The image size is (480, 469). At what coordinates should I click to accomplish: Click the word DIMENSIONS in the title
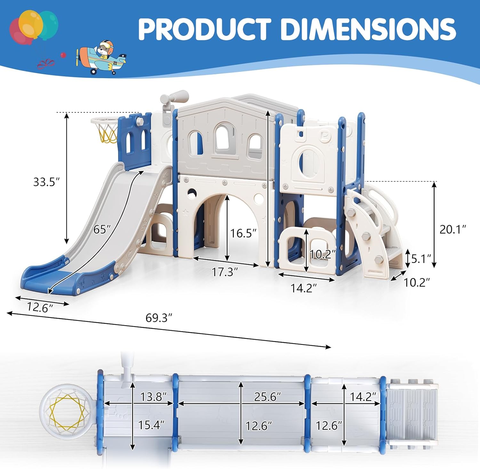coord(368,29)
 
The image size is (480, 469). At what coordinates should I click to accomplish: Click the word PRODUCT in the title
coord(205,29)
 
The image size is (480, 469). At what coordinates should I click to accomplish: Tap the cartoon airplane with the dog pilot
coord(101,58)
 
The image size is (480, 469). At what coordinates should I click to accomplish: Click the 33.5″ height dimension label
coord(46,182)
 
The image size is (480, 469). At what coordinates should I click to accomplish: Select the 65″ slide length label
coord(102,229)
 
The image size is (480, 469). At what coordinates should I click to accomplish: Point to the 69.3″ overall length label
coord(159,318)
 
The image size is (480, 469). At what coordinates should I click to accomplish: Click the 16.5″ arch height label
coord(243,233)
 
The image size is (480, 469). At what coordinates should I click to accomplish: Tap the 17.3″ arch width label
coord(225,272)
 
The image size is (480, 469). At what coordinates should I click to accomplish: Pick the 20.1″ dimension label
coord(452,229)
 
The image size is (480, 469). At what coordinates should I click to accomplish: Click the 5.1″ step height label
coord(421,259)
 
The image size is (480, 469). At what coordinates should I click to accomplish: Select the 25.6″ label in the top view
coord(267,397)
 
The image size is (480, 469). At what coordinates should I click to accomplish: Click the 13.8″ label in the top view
coord(153,397)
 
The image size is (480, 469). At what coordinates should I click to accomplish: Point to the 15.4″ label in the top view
coord(151,425)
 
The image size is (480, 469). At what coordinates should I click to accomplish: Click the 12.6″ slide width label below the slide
coord(40,307)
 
